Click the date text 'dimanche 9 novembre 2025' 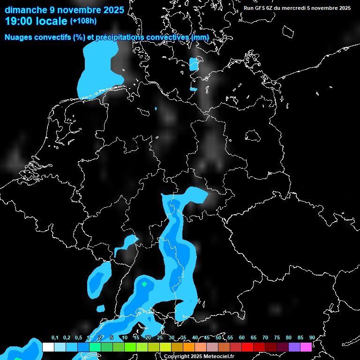point(64,10)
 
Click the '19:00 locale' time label point(37,21)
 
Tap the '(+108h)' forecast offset point(83,21)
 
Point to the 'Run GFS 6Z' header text point(262,8)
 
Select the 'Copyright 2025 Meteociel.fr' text point(199,356)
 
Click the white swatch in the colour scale point(48,347)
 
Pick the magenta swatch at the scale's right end point(306,347)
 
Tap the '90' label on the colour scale point(312,337)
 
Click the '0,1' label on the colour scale point(55,337)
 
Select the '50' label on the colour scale point(218,337)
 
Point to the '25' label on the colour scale point(160,337)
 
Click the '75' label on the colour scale point(277,337)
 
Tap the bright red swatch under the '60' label point(247,347)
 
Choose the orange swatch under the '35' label point(189,347)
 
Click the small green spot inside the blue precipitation point(144,284)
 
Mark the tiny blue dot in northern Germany point(156,109)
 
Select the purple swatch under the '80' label point(294,347)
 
